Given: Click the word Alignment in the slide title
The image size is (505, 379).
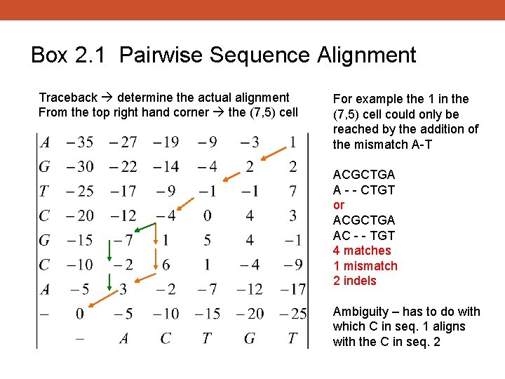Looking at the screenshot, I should pos(364,55).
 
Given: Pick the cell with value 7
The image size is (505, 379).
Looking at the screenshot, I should pos(292,191).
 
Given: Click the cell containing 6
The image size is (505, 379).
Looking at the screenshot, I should pos(166,265).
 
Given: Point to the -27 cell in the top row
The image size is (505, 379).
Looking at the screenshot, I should pos(123,142).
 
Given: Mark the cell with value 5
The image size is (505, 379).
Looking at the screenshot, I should pos(207,240).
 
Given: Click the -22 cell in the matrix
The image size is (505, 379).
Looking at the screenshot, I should pos(123,167).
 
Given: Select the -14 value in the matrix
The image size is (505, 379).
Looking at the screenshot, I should pos(166,167).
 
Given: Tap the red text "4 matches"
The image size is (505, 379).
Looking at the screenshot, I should pos(362,251).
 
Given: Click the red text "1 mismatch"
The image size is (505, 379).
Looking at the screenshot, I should pos(365,266).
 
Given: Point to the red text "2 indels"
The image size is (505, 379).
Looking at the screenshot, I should pos(355,281).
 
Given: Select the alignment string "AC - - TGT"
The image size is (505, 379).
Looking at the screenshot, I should pos(364,235).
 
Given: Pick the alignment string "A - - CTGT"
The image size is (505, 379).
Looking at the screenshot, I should pos(364,189).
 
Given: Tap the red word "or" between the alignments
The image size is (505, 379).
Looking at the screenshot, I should pos(339,205).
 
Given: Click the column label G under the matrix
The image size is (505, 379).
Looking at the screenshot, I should pos(250,338).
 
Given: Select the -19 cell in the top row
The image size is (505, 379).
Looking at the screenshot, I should pos(166,142).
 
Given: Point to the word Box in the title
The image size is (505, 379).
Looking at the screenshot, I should pos(49,55).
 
